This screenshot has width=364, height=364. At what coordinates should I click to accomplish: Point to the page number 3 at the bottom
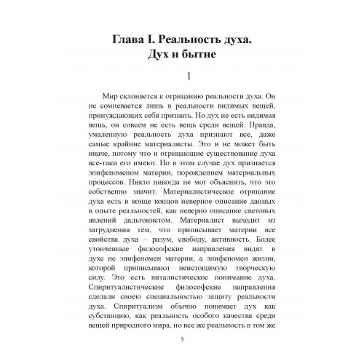pos(181,340)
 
